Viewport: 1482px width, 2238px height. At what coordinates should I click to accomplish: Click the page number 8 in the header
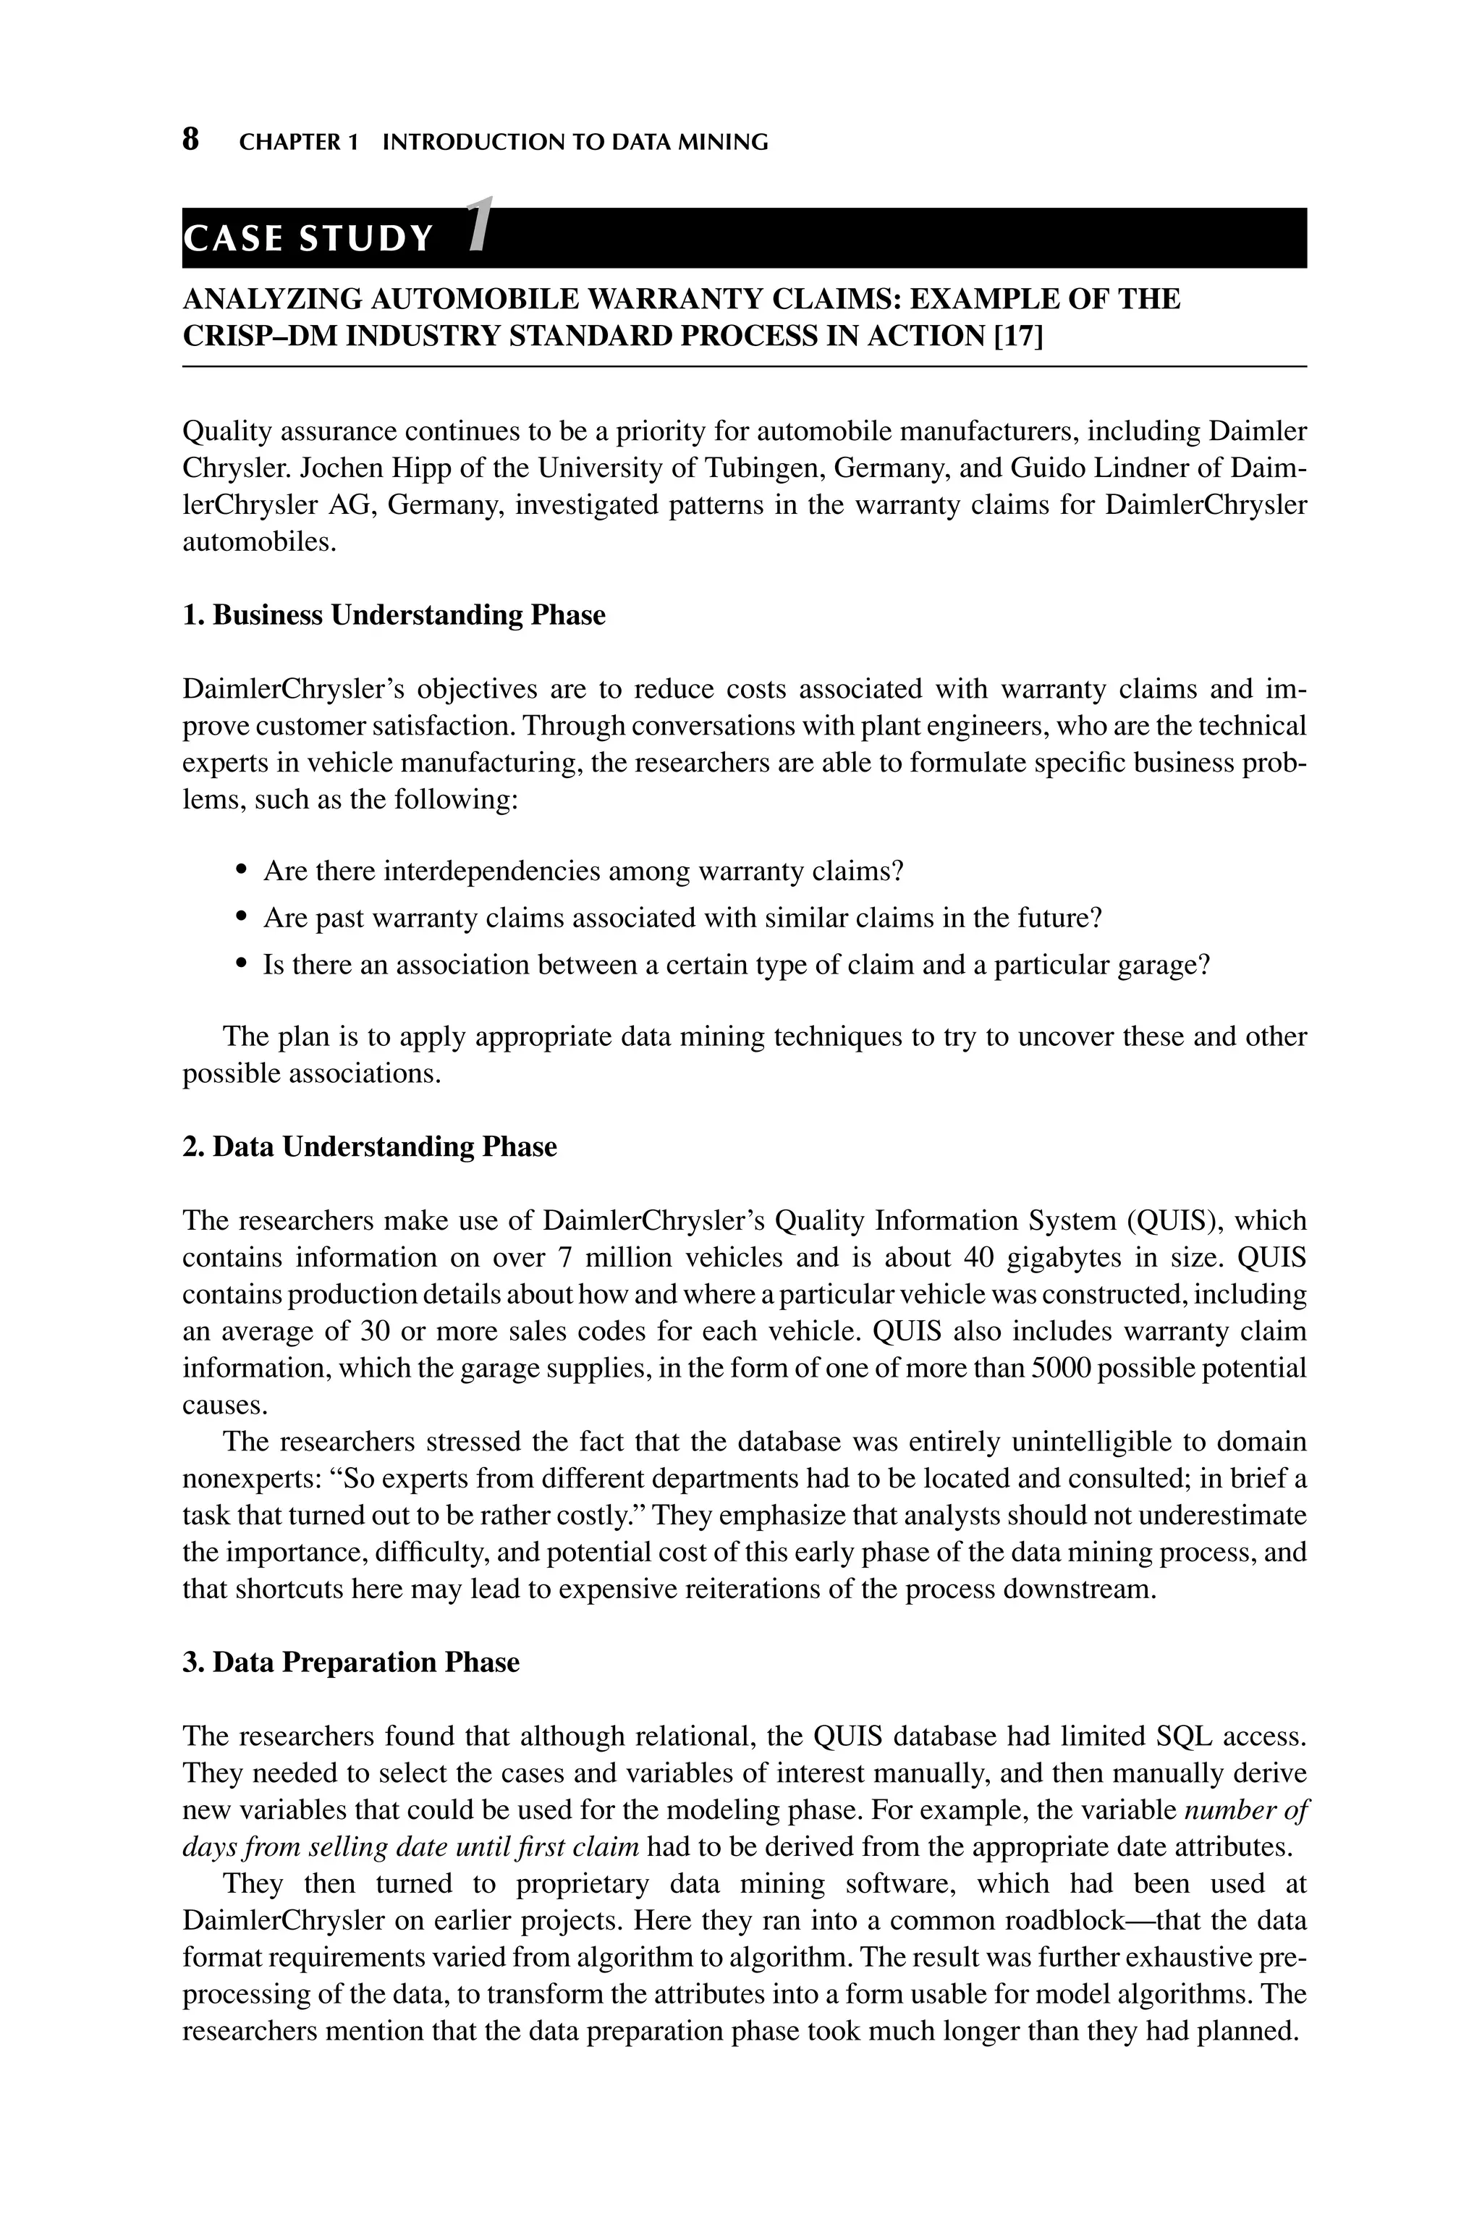(x=190, y=140)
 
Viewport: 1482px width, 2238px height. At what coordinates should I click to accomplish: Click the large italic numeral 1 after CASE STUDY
(x=481, y=225)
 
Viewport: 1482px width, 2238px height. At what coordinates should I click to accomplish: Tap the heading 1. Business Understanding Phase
(x=393, y=615)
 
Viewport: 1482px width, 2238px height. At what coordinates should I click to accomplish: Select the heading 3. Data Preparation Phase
(x=351, y=1663)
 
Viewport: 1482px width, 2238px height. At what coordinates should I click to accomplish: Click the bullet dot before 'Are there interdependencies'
(x=243, y=869)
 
